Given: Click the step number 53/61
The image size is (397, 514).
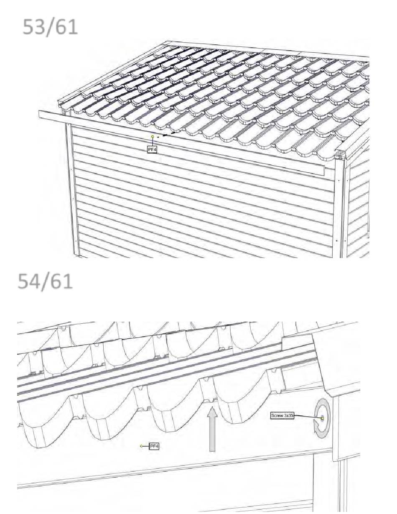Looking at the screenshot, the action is [50, 27].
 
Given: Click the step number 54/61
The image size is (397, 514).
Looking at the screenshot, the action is [45, 281].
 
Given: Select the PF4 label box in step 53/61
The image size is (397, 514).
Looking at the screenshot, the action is [152, 149].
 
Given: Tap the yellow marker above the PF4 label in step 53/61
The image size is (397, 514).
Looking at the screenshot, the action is [153, 136].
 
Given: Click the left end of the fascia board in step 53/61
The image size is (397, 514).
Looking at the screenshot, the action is [39, 114].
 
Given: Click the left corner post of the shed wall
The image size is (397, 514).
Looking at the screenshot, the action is [72, 189].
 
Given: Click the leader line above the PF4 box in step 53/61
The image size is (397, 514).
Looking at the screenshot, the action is [153, 142].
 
